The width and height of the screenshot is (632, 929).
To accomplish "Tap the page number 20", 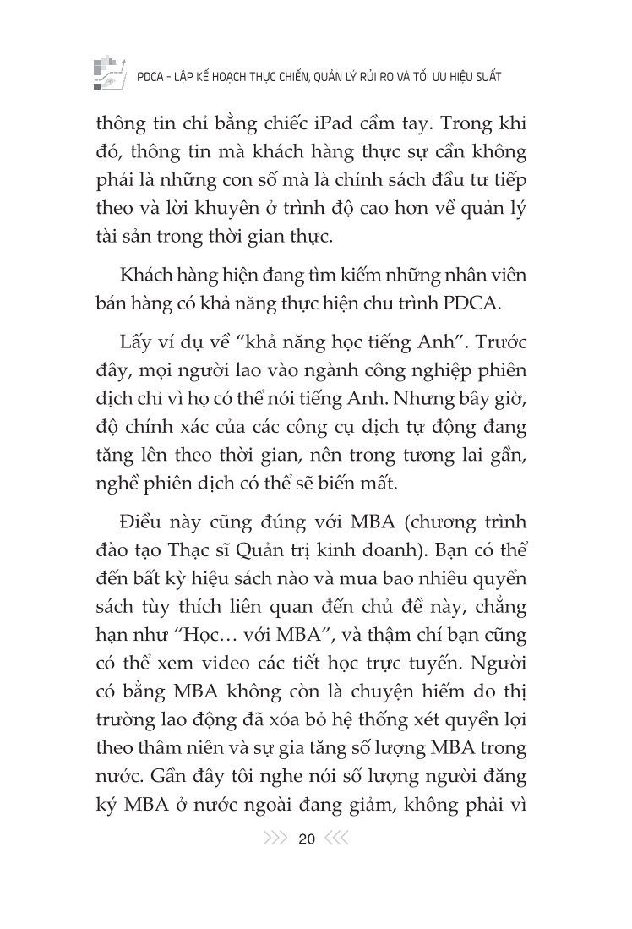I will point(307,839).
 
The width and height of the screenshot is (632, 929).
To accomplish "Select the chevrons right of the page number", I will point(337,839).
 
